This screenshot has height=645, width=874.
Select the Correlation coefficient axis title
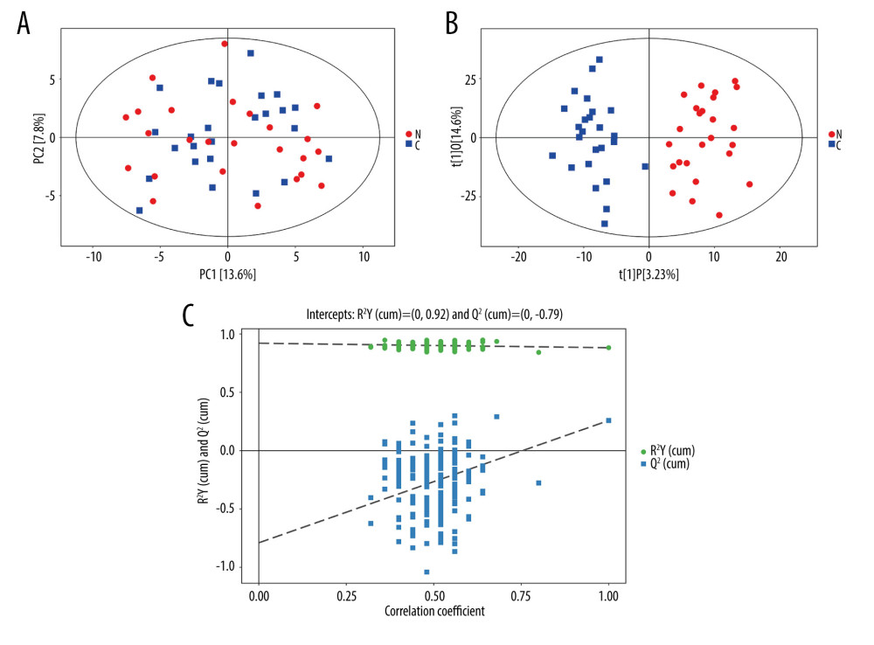[434, 611]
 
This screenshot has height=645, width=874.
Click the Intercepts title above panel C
[434, 312]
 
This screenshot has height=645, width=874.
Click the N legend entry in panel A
[413, 134]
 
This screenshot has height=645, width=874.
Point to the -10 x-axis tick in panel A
[94, 259]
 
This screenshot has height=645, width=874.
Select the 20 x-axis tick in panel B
[780, 259]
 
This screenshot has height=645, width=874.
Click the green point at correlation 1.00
[608, 348]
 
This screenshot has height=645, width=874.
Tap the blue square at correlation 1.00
[608, 420]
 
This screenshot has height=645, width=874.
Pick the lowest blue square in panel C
[427, 572]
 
